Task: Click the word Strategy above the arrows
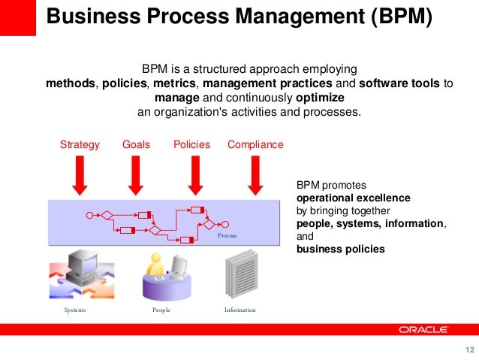tap(80, 144)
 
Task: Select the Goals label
tap(136, 144)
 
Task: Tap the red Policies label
tap(191, 144)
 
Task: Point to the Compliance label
tap(255, 144)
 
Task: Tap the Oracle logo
tap(423, 329)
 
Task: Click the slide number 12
tap(471, 350)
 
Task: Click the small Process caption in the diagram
tap(227, 236)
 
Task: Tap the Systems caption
tap(75, 310)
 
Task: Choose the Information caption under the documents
tap(240, 310)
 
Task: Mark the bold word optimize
tap(320, 98)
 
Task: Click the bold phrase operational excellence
tap(353, 198)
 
